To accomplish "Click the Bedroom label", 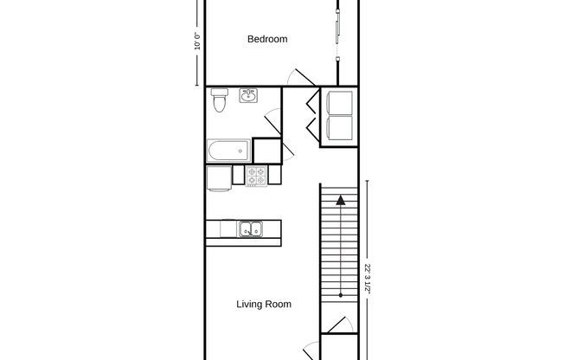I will tap(267, 39).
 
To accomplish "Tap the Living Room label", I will tap(264, 305).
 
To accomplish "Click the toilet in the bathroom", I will tap(220, 100).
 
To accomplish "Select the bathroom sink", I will tap(248, 95).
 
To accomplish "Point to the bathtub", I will tap(228, 151).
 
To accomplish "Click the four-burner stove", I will tap(257, 176).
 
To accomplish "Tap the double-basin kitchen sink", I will tap(252, 229).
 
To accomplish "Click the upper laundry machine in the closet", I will tap(339, 102).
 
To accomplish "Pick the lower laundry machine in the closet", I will tap(339, 130).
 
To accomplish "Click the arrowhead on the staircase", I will tap(341, 201).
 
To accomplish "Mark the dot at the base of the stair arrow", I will tap(341, 296).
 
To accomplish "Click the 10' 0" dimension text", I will tap(198, 41).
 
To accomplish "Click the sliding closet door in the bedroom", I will tap(337, 30).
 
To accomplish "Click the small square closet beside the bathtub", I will tap(267, 151).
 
